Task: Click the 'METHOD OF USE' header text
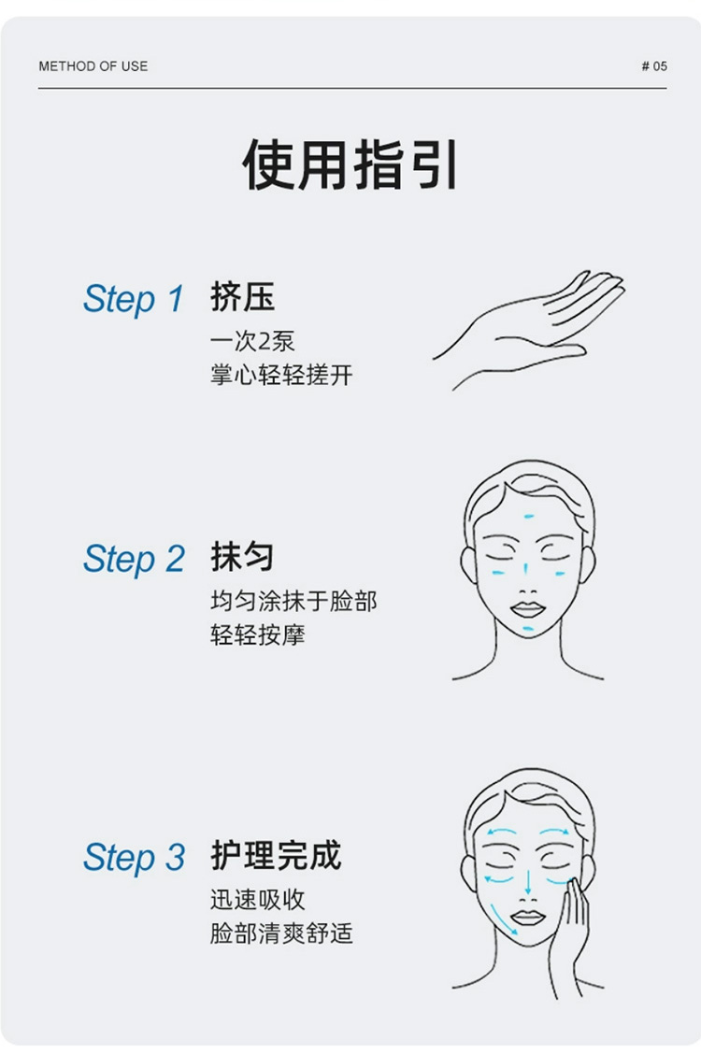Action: [x=93, y=65]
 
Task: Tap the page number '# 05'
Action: [x=654, y=65]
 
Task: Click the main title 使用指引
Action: [x=350, y=164]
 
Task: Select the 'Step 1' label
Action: [x=133, y=298]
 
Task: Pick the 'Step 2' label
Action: [x=133, y=559]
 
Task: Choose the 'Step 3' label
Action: [x=133, y=857]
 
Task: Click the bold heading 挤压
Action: [x=242, y=296]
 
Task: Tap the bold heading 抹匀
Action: [x=242, y=556]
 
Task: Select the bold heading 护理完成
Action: [x=276, y=855]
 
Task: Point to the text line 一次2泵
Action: [x=252, y=341]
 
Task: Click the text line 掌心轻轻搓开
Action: [x=281, y=375]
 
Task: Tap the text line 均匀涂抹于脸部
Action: [x=293, y=601]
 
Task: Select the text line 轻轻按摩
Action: [x=257, y=634]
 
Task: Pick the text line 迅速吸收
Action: [x=257, y=900]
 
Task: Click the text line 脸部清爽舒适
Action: [x=281, y=933]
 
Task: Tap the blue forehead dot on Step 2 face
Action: [x=528, y=517]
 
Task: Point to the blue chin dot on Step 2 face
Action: [x=528, y=629]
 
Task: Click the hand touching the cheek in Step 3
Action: [x=570, y=934]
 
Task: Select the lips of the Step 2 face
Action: [x=527, y=609]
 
